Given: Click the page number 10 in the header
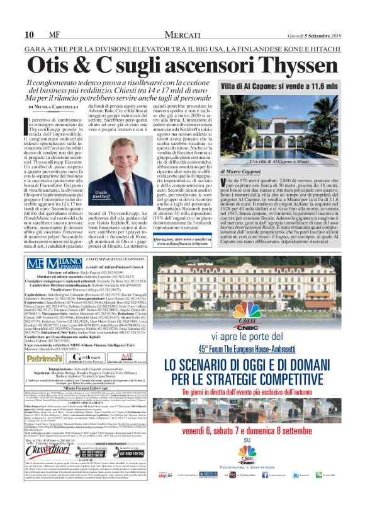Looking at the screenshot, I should tap(29, 34).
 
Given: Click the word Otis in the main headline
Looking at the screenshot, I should tap(69, 65).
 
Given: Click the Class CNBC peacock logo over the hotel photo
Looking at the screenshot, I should tap(251, 313).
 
